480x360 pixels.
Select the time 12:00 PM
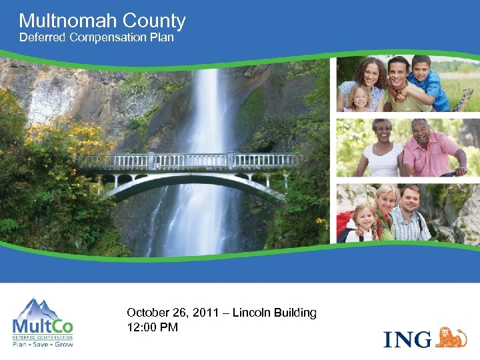point(152,327)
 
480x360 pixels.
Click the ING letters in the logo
point(407,338)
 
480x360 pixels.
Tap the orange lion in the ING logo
point(451,337)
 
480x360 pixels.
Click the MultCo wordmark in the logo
point(43,326)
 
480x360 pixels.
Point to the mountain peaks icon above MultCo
point(43,308)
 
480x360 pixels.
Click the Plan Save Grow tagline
point(43,344)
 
